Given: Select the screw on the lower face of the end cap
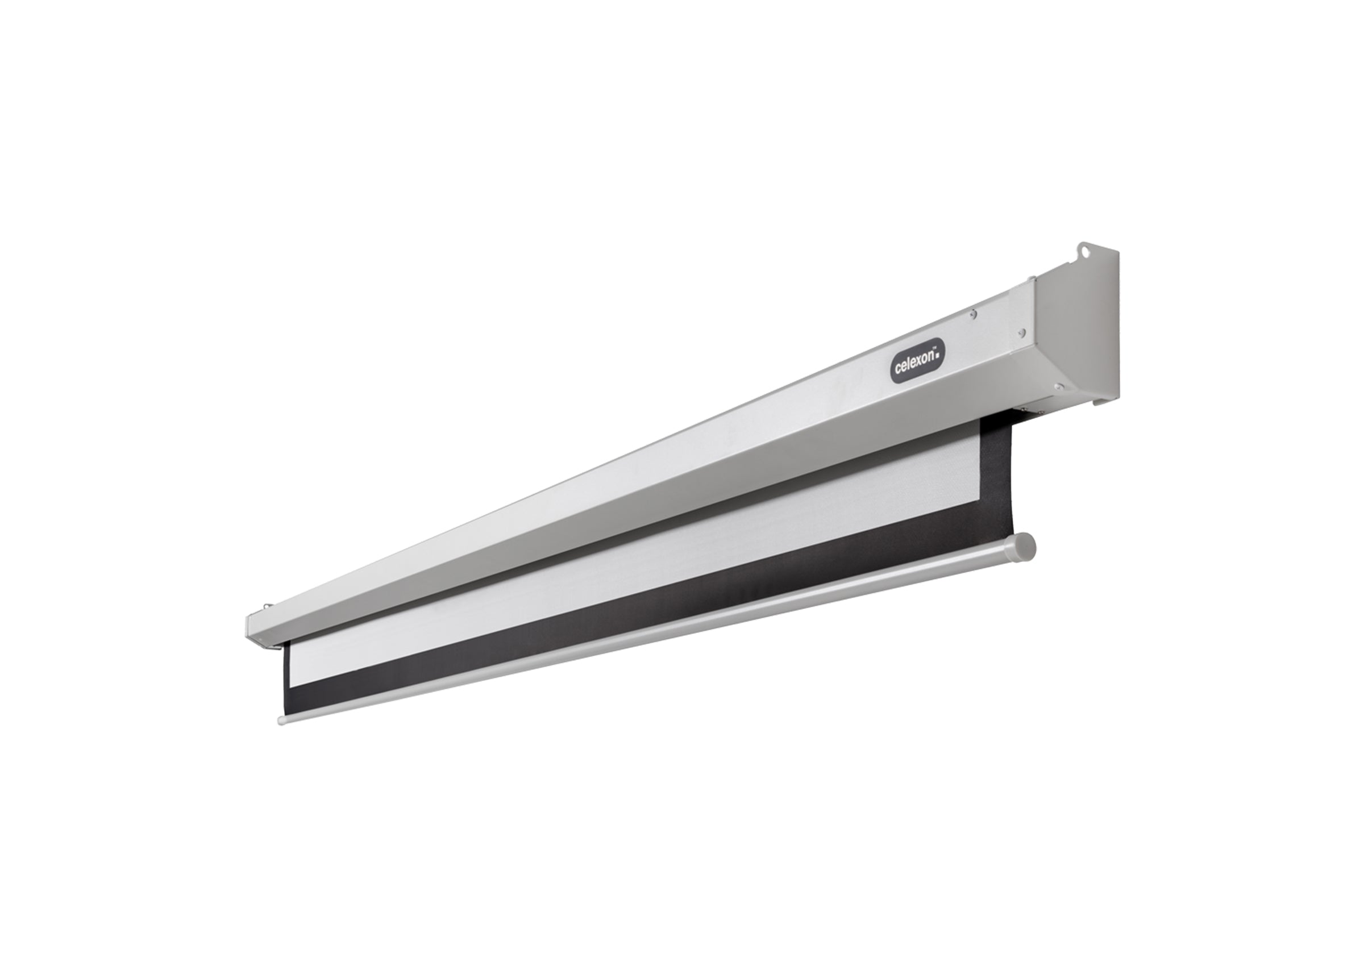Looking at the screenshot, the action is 1058,386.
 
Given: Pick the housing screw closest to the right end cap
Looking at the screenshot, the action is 1021,332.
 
